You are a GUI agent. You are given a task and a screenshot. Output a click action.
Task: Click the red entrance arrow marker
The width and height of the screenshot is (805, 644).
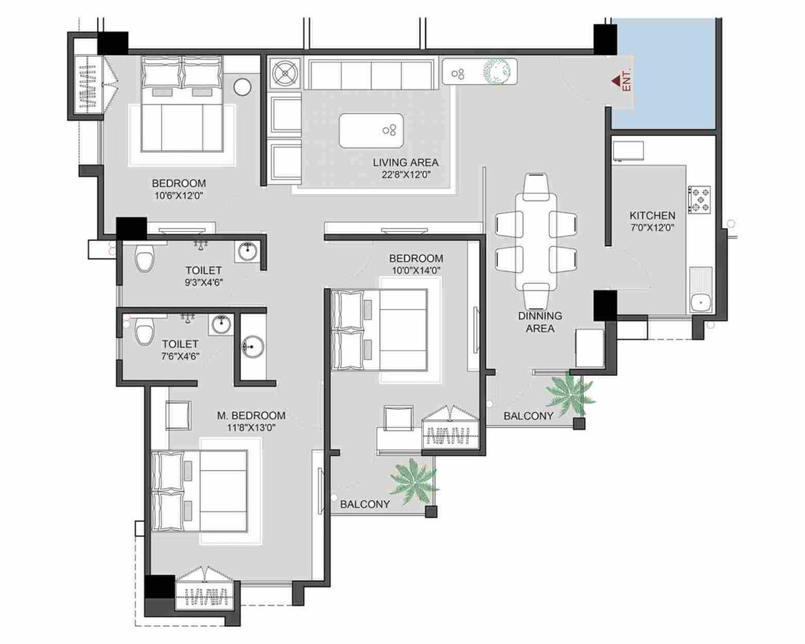[x=616, y=81]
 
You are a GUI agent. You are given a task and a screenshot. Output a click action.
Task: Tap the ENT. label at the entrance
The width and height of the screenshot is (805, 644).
[x=627, y=81]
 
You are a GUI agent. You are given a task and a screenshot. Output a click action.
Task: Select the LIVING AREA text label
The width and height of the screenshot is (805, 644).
[x=406, y=163]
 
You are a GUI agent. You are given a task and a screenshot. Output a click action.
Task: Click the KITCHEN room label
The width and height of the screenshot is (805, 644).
[x=652, y=215]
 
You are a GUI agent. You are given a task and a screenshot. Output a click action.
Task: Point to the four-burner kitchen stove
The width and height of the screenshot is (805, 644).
[x=699, y=200]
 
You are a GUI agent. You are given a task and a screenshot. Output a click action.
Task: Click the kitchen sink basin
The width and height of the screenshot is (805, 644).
[x=699, y=303]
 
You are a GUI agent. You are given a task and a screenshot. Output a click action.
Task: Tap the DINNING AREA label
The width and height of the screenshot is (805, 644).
[x=539, y=322]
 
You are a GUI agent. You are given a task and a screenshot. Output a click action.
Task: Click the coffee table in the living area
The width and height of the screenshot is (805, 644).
[x=371, y=131]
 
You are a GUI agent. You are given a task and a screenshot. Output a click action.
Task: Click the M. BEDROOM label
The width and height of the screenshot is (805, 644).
[x=251, y=415]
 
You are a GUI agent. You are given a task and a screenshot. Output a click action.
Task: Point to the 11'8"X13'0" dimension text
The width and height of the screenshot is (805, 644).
[x=252, y=427]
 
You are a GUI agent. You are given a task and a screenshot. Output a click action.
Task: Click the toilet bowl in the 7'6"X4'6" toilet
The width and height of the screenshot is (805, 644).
[x=144, y=331]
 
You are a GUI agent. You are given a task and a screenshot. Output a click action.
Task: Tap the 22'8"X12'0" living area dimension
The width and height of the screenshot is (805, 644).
[x=406, y=175]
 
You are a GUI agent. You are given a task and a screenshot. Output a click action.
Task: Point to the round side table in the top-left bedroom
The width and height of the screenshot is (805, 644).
[x=242, y=86]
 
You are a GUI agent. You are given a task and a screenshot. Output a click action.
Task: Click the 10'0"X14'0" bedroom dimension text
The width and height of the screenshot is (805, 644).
[x=416, y=270]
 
